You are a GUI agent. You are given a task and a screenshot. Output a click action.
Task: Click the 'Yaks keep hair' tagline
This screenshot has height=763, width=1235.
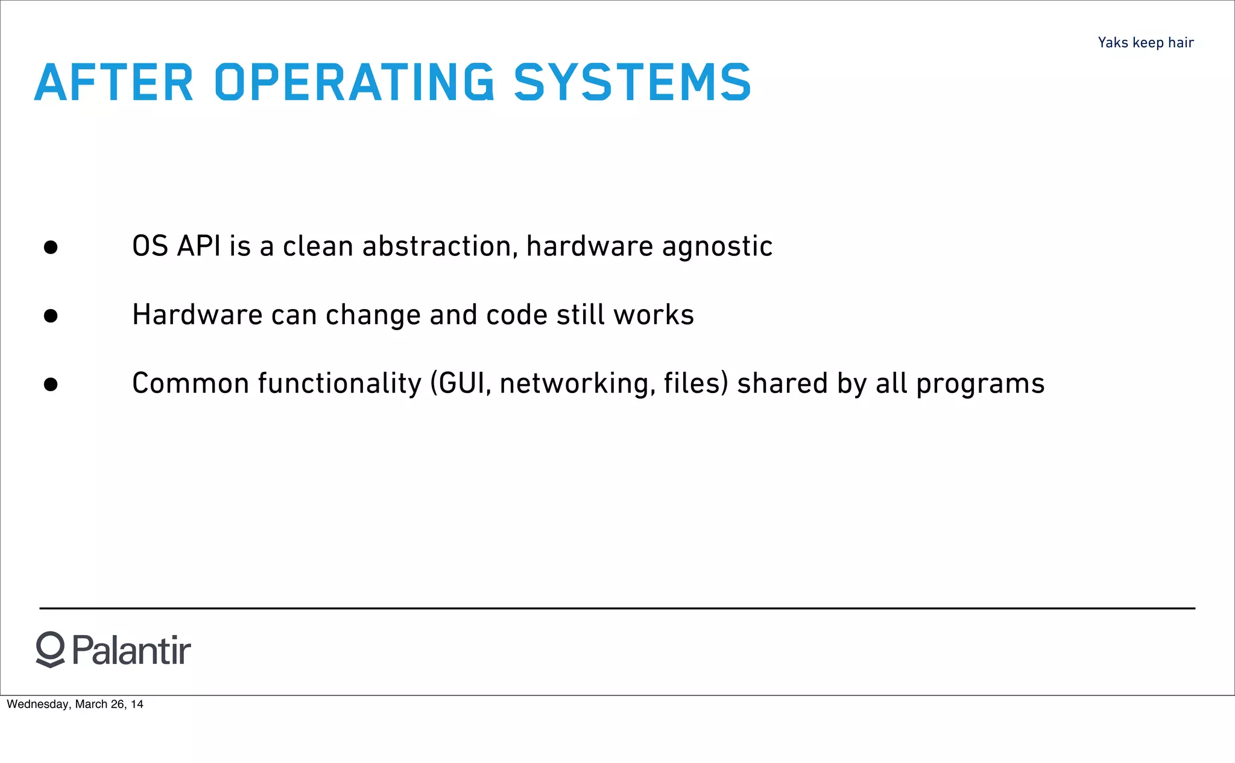click(1145, 43)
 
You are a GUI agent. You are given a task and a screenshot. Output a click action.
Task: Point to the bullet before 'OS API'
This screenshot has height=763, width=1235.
click(51, 247)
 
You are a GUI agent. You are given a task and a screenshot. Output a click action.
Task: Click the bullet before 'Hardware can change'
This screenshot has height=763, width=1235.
click(51, 316)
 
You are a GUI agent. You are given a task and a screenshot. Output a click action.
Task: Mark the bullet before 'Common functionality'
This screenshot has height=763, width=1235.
click(51, 385)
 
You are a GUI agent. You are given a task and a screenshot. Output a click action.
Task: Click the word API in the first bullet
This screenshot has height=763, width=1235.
click(198, 246)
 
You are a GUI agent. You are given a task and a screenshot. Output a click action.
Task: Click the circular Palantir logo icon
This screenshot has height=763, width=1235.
click(50, 650)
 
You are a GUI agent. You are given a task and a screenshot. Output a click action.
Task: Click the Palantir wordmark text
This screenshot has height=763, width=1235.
click(131, 650)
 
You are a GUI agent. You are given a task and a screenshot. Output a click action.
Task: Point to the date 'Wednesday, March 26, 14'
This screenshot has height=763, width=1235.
click(75, 704)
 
